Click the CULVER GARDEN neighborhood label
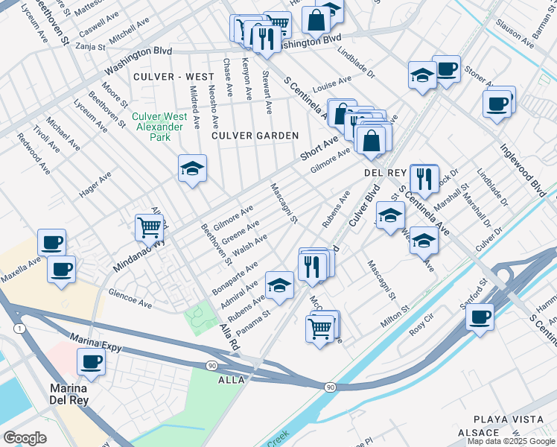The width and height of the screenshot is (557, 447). click(x=255, y=136)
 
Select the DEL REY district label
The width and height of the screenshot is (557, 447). click(x=383, y=172)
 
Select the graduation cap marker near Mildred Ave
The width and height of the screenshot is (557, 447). click(x=191, y=169)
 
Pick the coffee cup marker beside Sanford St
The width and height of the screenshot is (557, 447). click(x=480, y=317)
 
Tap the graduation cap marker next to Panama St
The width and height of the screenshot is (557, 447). click(x=279, y=285)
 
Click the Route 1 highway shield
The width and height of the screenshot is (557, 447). click(x=17, y=328)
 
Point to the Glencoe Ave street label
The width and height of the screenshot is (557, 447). click(x=130, y=299)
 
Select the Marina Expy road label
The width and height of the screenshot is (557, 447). click(x=96, y=342)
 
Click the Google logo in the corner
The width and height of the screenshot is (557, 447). click(x=25, y=438)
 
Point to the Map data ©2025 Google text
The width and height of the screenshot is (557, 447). click(x=512, y=441)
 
